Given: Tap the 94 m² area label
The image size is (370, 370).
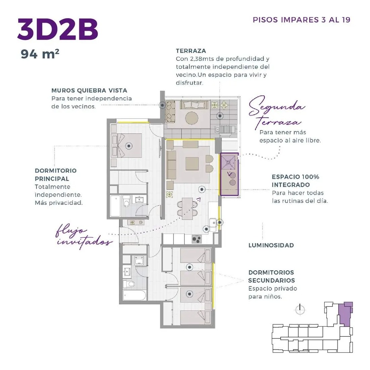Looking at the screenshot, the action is [x=40, y=54].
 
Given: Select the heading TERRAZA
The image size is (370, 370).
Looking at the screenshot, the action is [x=191, y=51].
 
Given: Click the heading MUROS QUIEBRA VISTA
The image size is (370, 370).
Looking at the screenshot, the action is [x=89, y=90].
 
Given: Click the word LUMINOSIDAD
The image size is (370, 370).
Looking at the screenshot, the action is [x=271, y=245].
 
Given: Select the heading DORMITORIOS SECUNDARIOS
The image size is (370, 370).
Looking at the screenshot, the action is [x=272, y=276].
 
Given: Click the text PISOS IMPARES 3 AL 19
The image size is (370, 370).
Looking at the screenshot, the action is [x=301, y=20].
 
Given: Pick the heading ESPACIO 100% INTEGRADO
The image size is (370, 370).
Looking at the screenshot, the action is [x=295, y=181].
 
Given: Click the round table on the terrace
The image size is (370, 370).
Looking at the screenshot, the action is [x=192, y=118].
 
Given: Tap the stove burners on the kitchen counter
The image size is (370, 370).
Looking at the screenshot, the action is [x=197, y=239].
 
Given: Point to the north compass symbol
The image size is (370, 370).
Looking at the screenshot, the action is [x=300, y=309].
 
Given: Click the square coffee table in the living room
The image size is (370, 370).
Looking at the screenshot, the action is [x=192, y=164].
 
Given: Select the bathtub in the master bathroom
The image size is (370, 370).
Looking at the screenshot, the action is [x=115, y=206].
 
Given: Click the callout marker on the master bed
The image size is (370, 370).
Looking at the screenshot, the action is [x=129, y=146].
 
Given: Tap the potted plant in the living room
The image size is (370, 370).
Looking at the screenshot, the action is [x=169, y=194].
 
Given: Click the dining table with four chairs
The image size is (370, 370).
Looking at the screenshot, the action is [x=188, y=209].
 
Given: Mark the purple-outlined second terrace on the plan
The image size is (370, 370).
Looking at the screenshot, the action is [x=229, y=174].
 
